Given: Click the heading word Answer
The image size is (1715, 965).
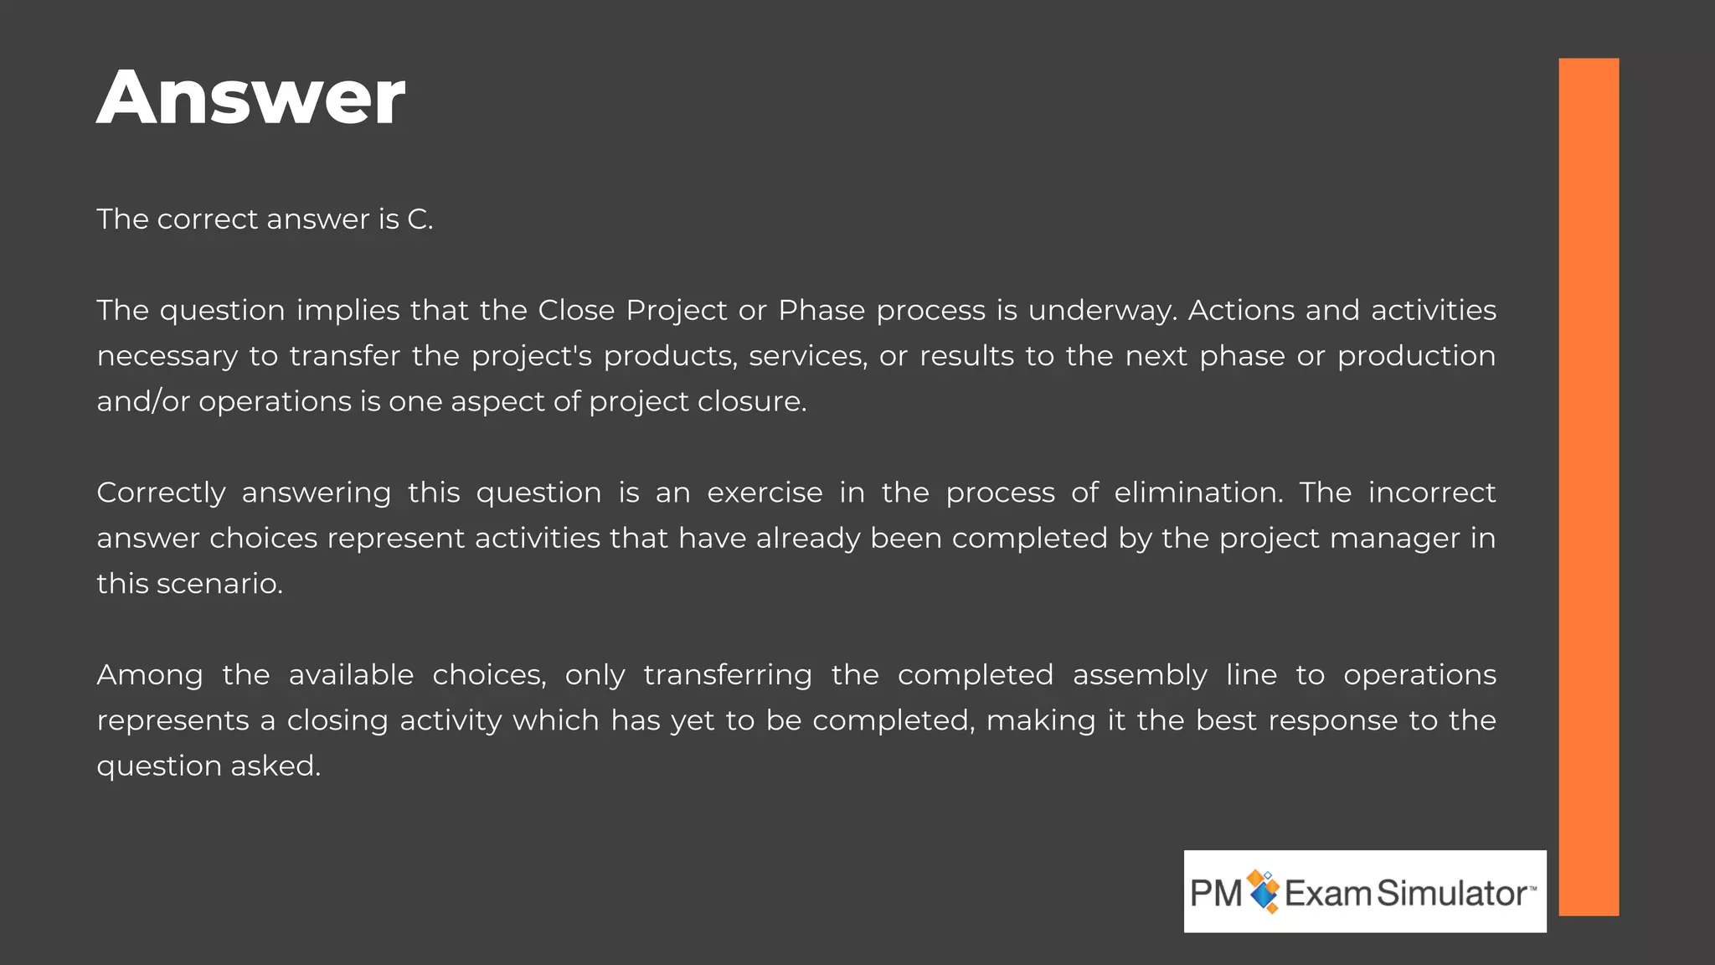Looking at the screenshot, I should click(250, 98).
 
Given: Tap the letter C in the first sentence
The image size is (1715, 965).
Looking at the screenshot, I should click(416, 219).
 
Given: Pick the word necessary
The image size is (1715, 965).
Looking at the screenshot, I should click(167, 357).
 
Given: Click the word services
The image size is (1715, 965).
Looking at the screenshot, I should click(808, 357).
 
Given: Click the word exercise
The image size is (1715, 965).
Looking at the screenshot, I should click(765, 493).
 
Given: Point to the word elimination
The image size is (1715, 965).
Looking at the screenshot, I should click(1198, 493).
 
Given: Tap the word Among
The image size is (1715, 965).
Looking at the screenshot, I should click(150, 675).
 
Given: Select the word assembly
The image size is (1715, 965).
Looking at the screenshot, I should click(1140, 675).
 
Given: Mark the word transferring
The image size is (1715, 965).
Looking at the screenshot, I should click(728, 675).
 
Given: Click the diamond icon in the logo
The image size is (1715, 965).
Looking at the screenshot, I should click(1264, 891).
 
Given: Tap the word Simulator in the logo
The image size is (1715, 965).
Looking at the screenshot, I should click(1452, 894).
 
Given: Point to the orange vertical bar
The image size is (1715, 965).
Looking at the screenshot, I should click(1589, 486).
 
